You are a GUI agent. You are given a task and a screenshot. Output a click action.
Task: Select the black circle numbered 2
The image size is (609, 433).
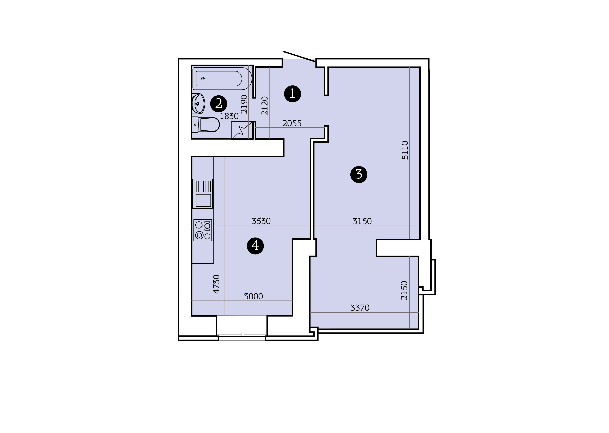click(x=219, y=104)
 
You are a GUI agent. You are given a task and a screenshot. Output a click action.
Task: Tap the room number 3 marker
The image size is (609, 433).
click(x=359, y=175)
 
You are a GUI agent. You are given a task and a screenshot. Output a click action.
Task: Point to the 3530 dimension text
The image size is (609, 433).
click(x=261, y=221)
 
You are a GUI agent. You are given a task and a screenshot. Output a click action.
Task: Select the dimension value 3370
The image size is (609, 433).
click(x=360, y=308)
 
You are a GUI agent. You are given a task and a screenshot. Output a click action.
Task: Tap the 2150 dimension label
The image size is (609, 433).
click(x=404, y=290)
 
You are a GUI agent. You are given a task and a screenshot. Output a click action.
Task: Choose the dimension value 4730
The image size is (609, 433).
click(x=216, y=284)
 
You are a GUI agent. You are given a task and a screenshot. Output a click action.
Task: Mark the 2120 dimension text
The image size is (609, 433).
click(x=265, y=106)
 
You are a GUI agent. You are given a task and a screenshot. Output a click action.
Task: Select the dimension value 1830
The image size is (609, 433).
click(x=229, y=116)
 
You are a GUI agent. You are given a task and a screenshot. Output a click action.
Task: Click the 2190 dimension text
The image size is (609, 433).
click(x=244, y=104)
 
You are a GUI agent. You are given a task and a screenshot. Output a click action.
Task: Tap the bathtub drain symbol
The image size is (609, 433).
click(x=203, y=79)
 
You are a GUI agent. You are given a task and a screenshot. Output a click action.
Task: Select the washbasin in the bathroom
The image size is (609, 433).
click(x=198, y=104)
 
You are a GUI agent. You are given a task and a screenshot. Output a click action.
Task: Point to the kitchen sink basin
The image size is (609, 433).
click(x=203, y=200)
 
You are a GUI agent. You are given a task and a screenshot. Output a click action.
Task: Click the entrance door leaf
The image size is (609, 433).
click(x=300, y=57)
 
